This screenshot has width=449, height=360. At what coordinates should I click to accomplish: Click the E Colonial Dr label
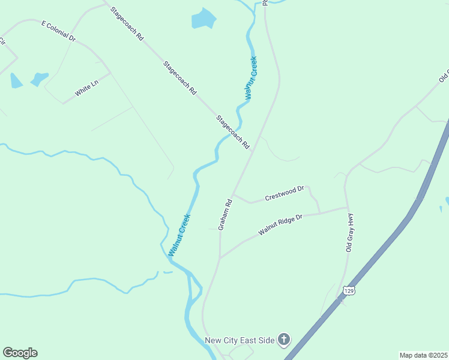click(58, 31)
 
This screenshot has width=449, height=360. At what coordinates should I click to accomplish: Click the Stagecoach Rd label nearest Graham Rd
click(233, 132)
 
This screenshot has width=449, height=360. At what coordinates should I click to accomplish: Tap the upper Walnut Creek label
click(251, 77)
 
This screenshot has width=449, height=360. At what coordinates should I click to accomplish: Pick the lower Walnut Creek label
click(179, 235)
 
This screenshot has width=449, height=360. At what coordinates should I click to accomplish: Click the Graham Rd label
click(225, 215)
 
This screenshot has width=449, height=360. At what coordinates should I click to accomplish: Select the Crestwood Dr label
click(285, 193)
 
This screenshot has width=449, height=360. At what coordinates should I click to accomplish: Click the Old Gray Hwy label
click(350, 233)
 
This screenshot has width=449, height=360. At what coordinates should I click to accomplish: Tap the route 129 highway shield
click(349, 291)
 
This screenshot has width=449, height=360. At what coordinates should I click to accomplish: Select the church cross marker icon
click(284, 340)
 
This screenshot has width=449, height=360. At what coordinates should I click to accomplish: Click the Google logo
click(20, 353)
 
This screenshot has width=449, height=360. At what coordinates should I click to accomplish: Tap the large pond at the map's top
click(203, 19)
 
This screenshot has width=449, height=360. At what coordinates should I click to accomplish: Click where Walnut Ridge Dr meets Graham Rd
click(220, 258)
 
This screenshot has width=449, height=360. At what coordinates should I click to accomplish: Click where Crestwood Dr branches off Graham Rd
click(234, 194)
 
